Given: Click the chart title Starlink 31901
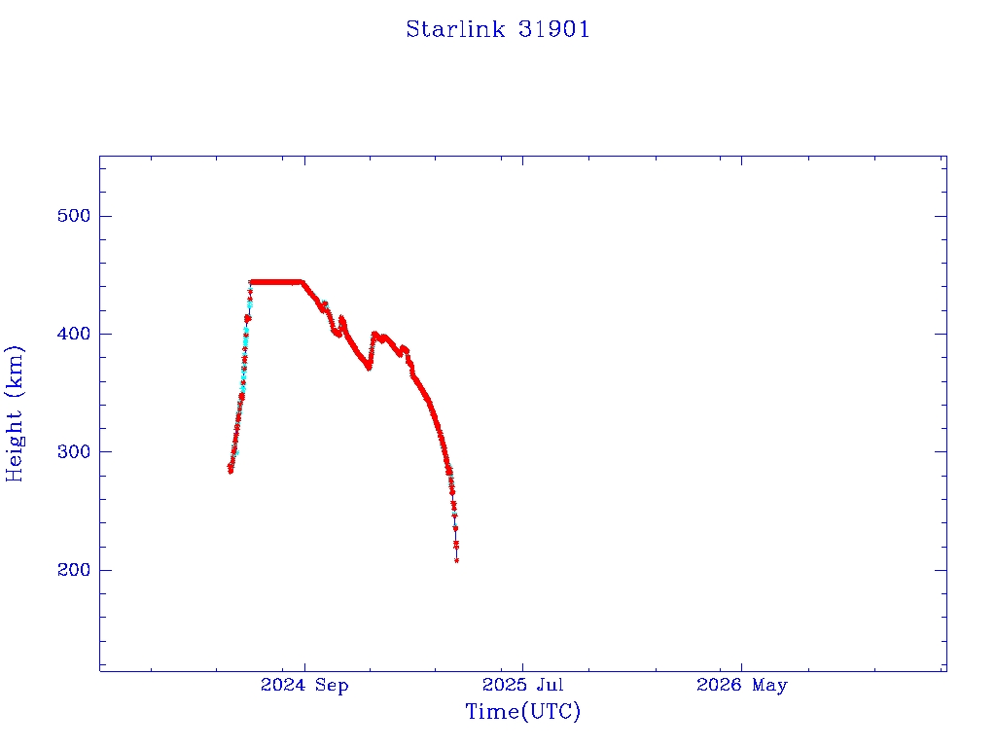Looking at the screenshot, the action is (x=498, y=29).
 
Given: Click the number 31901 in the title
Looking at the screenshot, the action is (x=553, y=29).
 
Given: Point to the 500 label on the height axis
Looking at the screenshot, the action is (x=74, y=216).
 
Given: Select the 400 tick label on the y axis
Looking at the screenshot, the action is (x=74, y=334).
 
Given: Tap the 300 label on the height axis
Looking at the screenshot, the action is (x=74, y=451).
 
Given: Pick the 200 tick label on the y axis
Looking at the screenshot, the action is (x=74, y=570).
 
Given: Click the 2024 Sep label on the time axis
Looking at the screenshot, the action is (x=304, y=686).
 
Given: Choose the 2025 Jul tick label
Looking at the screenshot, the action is (x=522, y=685).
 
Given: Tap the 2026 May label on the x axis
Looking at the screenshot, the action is (x=742, y=686).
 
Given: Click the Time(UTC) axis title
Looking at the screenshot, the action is (x=522, y=711).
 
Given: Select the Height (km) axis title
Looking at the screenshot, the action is (x=14, y=413).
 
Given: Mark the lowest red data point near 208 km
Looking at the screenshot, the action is (x=457, y=560).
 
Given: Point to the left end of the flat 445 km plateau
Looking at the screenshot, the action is (x=252, y=282).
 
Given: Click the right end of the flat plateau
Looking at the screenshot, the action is (x=302, y=282).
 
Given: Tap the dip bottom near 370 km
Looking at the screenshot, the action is (x=369, y=367).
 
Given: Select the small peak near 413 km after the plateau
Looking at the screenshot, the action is (x=341, y=318).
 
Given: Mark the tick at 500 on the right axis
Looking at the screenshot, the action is (x=941, y=216).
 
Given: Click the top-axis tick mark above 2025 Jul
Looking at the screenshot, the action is (x=522, y=160).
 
